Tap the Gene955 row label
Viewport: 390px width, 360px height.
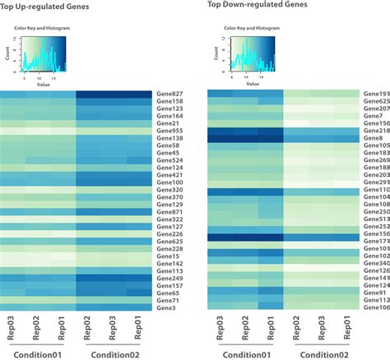coord(169,130)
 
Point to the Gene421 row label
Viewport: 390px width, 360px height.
coord(169,174)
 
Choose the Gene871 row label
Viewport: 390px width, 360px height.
coord(169,211)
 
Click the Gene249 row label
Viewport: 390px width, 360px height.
coord(169,278)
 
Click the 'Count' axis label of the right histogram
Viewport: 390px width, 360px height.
coord(209,54)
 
